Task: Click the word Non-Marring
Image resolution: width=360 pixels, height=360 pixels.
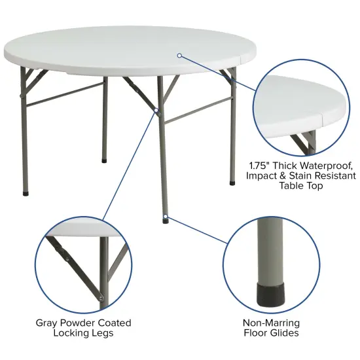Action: pyautogui.click(x=270, y=323)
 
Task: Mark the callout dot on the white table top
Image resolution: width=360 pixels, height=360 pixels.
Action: pyautogui.click(x=179, y=56)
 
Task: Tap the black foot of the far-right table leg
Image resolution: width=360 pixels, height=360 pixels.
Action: pyautogui.click(x=232, y=183)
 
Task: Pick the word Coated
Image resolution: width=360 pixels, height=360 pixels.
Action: pyautogui.click(x=116, y=323)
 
